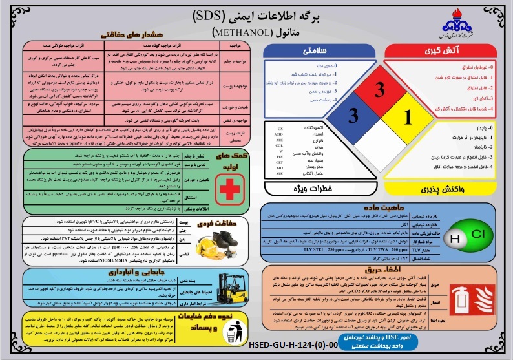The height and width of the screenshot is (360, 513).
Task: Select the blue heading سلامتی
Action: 311,50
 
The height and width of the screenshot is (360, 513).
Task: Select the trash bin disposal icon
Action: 235,334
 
